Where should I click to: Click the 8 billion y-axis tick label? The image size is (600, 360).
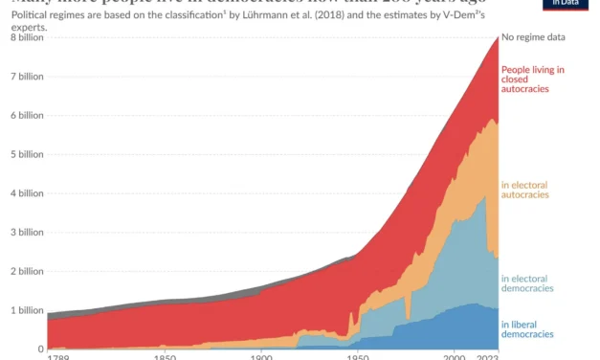point(24,36)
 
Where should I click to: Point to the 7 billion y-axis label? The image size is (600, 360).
point(24,76)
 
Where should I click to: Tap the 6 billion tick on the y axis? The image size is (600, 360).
point(24,115)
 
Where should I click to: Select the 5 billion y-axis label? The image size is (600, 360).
point(24,154)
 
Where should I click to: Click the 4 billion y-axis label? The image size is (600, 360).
point(24,193)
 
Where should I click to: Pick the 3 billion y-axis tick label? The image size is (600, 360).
point(24,233)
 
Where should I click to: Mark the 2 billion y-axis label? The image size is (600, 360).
point(24,272)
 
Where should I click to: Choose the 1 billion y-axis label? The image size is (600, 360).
point(24,311)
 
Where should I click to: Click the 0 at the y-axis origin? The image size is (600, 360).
point(39,349)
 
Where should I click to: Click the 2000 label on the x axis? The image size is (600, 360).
point(455,357)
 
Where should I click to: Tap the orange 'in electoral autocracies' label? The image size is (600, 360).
point(524,189)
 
